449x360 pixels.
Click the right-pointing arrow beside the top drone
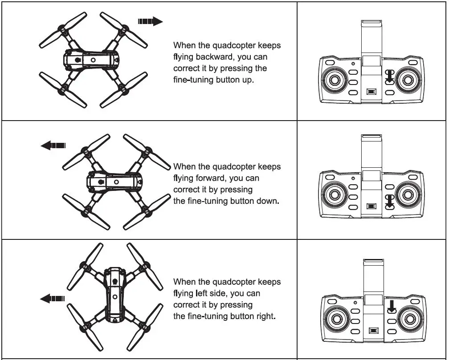(150, 21)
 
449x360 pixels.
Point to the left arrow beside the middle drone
(53, 145)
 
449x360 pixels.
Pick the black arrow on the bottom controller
(392, 305)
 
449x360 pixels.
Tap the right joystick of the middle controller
(408, 194)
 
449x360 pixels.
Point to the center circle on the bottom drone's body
(115, 296)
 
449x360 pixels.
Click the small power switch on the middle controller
(371, 206)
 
